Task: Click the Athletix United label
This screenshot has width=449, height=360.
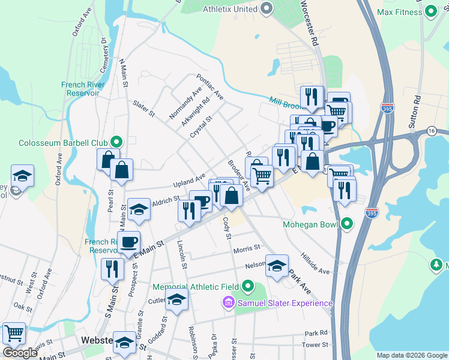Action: pos(228,9)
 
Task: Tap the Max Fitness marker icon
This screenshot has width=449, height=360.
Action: pos(430,12)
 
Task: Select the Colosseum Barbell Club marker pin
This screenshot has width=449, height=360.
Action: pos(116,143)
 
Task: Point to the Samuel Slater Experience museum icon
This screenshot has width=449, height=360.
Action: pos(228,304)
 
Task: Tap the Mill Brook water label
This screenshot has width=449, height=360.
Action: pos(285,102)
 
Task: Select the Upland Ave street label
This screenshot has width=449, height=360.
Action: pos(190,180)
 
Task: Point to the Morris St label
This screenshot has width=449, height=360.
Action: pos(246,248)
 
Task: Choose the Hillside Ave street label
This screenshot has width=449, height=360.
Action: pos(316,263)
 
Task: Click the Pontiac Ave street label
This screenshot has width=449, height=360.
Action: pos(210,88)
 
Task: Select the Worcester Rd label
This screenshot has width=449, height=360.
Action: pos(309,24)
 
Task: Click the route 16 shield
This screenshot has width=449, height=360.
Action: pos(431,131)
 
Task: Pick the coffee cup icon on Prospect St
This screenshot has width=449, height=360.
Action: pos(128,242)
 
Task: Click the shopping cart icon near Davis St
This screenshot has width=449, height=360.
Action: pos(14,333)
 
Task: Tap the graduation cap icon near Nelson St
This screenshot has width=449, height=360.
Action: pos(277,265)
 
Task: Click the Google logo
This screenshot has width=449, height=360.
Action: pos(20,353)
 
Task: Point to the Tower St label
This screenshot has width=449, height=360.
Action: pos(316,345)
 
